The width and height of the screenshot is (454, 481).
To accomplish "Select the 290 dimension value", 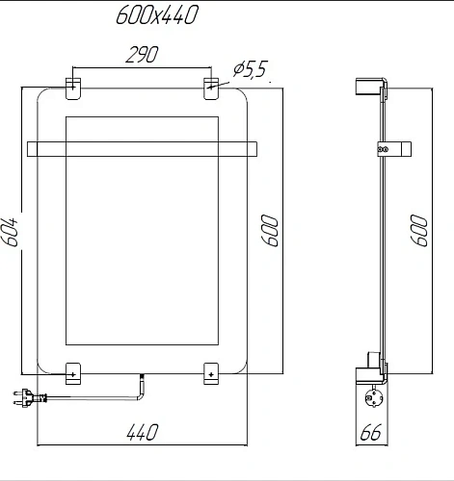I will tap(141, 56).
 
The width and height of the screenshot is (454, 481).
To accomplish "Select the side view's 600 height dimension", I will tap(420, 231).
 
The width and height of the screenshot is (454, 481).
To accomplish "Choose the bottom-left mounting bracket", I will tap(74, 370).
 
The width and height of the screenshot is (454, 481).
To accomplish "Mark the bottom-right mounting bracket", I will tap(212, 370).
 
